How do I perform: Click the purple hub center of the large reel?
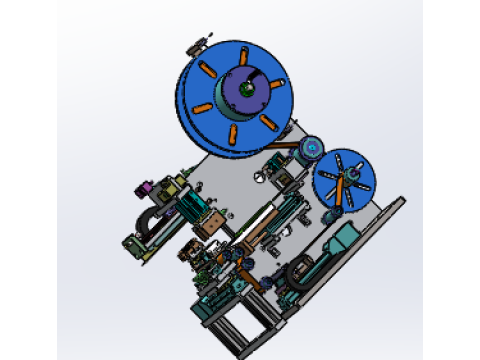coord(244,90)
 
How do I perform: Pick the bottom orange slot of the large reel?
coord(232,131)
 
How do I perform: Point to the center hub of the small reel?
coord(344,180)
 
